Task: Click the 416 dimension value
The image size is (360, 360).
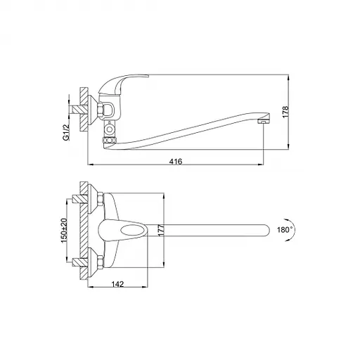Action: point(176,162)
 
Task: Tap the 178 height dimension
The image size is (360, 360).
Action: point(285,112)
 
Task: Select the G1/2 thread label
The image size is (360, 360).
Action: point(67,132)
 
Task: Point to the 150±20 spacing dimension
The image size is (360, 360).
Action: point(64,230)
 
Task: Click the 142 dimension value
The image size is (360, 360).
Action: point(117,284)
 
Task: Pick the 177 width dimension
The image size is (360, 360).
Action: point(161,230)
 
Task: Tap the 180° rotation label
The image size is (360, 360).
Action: point(285,230)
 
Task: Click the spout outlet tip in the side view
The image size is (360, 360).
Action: point(264,122)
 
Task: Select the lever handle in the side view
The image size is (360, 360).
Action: point(124,84)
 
